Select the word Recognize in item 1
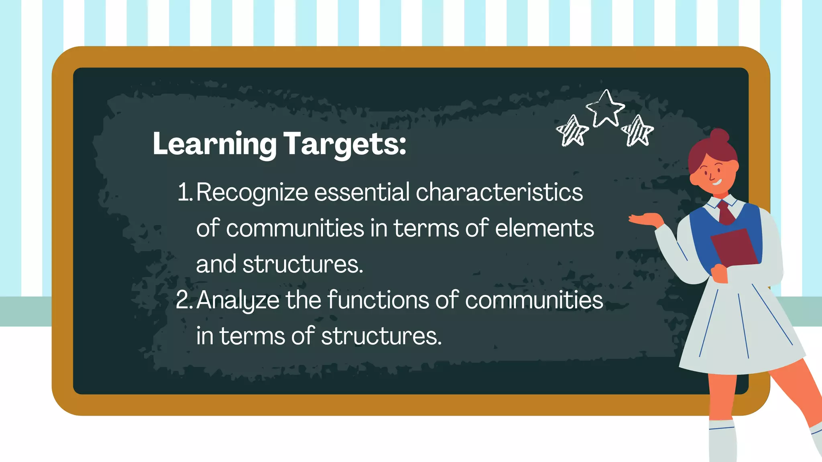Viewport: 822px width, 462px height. click(x=252, y=192)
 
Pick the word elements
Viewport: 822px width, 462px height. click(x=544, y=228)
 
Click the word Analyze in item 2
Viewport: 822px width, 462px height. click(x=238, y=300)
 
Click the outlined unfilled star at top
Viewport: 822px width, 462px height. click(x=605, y=108)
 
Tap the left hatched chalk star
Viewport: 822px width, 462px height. click(x=572, y=131)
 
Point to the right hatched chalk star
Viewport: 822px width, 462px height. click(x=637, y=131)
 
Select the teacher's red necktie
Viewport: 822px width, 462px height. click(x=726, y=213)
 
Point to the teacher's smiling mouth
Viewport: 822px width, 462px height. click(x=717, y=182)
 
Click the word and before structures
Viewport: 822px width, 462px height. click(x=216, y=264)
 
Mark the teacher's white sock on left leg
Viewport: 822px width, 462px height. click(x=722, y=441)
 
